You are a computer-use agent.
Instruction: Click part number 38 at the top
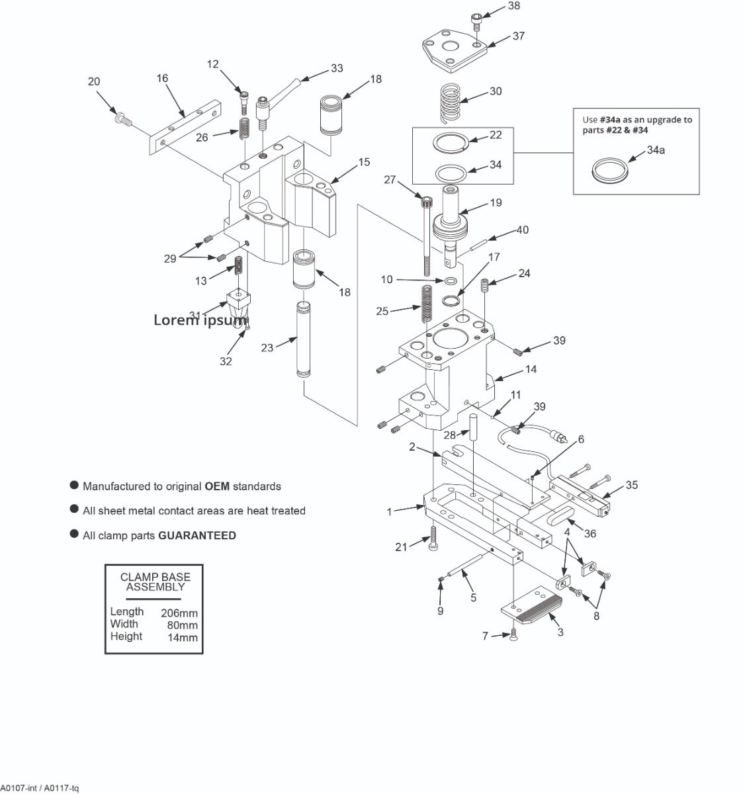pyautogui.click(x=514, y=6)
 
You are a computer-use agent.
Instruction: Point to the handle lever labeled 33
pyautogui.click(x=281, y=92)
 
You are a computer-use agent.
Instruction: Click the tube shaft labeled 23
pyautogui.click(x=302, y=340)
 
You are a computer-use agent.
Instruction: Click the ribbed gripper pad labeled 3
pyautogui.click(x=533, y=608)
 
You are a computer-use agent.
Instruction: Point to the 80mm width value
pyautogui.click(x=182, y=625)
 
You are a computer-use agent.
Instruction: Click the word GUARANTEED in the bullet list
pyautogui.click(x=197, y=536)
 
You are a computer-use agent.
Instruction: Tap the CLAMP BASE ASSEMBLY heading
pyautogui.click(x=155, y=582)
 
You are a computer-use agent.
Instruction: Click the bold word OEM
pyautogui.click(x=217, y=486)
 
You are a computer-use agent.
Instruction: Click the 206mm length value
pyautogui.click(x=179, y=613)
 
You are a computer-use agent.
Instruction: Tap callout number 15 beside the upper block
pyautogui.click(x=364, y=162)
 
